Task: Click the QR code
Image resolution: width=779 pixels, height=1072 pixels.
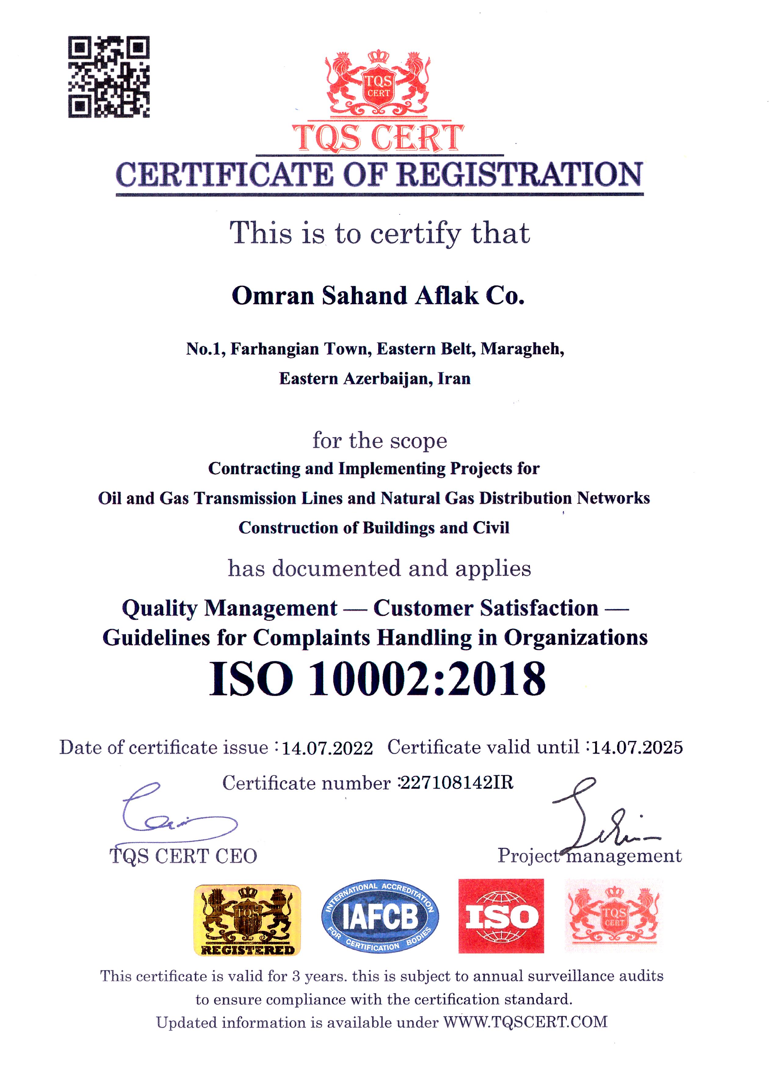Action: tap(109, 77)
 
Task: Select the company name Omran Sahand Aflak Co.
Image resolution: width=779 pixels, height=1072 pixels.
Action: tap(378, 296)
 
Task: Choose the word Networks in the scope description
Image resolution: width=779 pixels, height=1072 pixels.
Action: tap(613, 498)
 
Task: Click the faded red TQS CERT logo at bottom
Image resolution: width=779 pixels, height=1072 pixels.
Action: tap(614, 916)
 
